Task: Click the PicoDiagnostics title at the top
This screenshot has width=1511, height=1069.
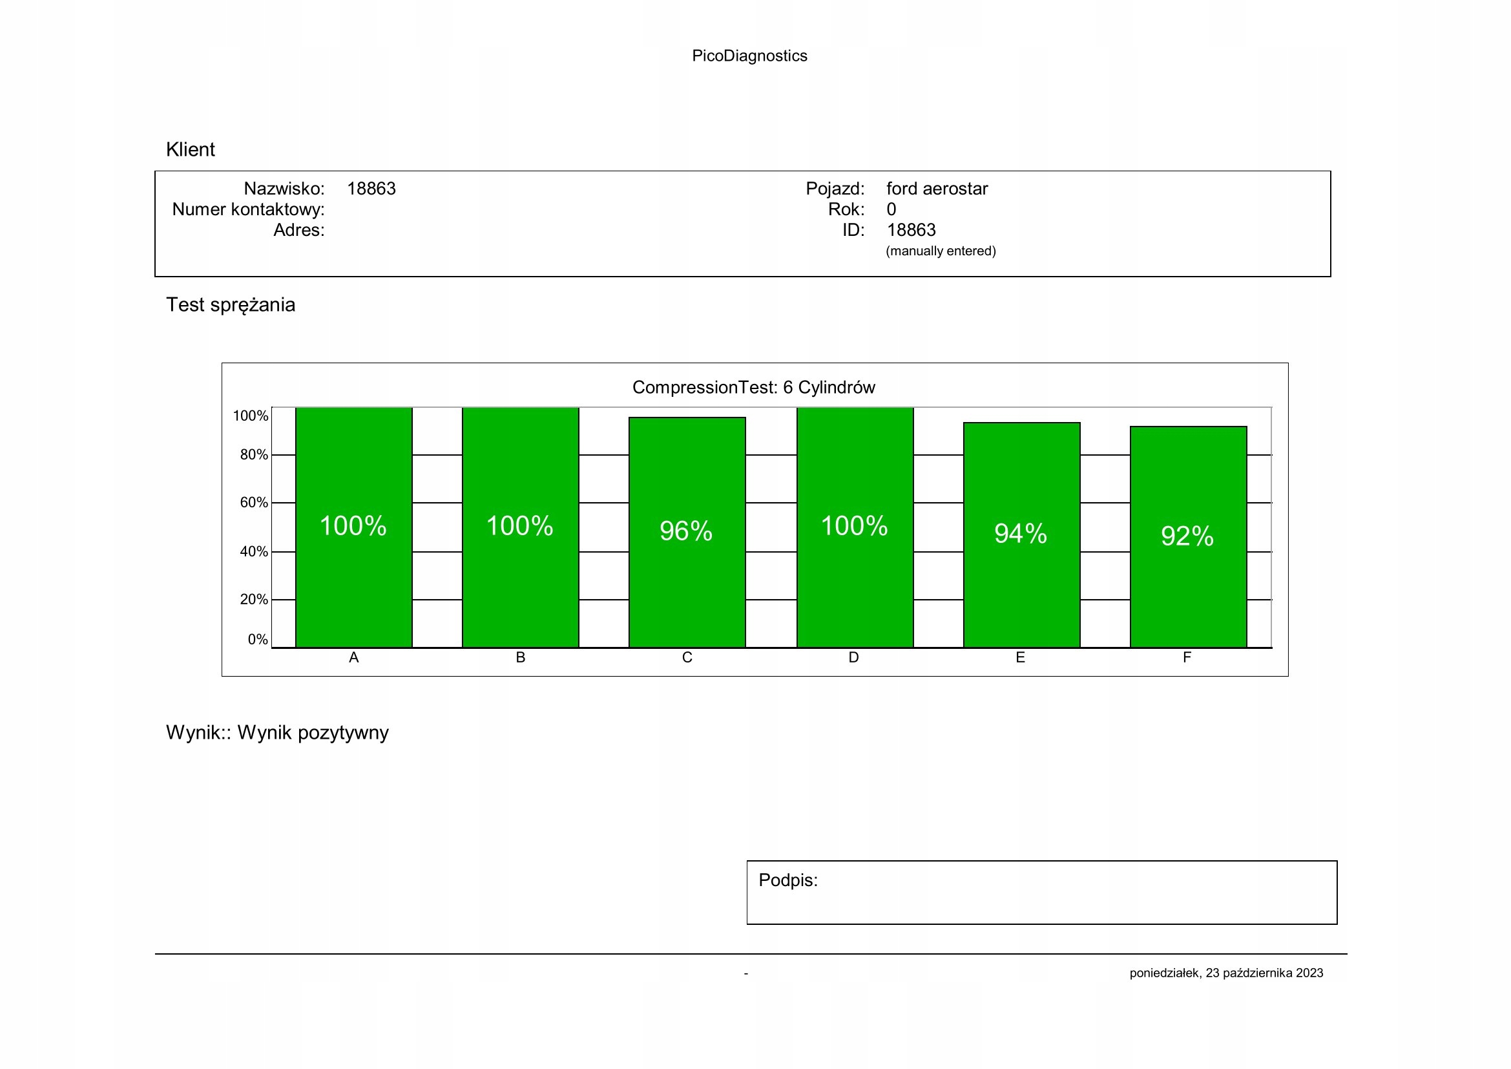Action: tap(749, 56)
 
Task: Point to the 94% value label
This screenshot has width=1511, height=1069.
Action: tap(1020, 534)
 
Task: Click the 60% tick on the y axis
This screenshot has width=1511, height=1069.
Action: tap(253, 503)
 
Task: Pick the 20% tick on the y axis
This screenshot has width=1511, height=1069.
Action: tap(253, 600)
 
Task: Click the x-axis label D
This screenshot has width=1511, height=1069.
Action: tap(853, 657)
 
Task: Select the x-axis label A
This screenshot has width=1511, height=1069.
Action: tap(354, 657)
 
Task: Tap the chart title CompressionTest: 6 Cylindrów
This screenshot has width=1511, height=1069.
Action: tap(753, 387)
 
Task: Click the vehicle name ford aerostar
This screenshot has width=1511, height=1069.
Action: tap(937, 189)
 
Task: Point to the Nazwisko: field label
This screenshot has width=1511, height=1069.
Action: tap(284, 189)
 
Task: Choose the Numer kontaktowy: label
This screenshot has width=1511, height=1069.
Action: tap(248, 209)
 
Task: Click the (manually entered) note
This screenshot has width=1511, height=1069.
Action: tap(941, 251)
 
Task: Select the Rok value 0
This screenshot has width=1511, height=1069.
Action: tap(891, 209)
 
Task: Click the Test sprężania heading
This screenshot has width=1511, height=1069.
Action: tap(231, 305)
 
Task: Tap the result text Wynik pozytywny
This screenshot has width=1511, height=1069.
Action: tap(313, 733)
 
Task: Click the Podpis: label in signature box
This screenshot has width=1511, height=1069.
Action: tap(787, 880)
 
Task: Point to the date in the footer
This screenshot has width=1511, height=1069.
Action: tap(1226, 973)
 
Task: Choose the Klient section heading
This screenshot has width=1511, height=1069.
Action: tap(190, 149)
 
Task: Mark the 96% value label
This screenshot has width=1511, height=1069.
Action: tap(686, 531)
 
